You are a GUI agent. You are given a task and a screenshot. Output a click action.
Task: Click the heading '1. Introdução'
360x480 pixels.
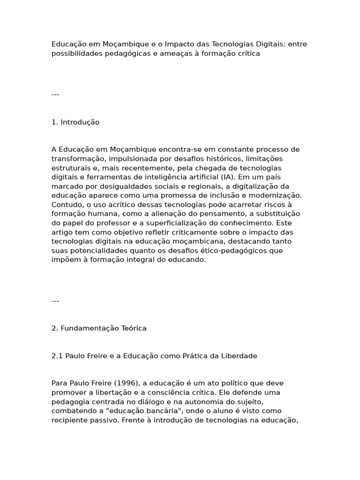point(75,122)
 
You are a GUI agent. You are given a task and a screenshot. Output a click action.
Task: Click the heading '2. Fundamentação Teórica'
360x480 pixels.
point(99,328)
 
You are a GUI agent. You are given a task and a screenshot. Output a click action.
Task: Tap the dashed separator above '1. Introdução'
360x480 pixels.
point(55,95)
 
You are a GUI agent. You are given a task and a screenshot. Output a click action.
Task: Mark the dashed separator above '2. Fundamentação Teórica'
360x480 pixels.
point(55,301)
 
